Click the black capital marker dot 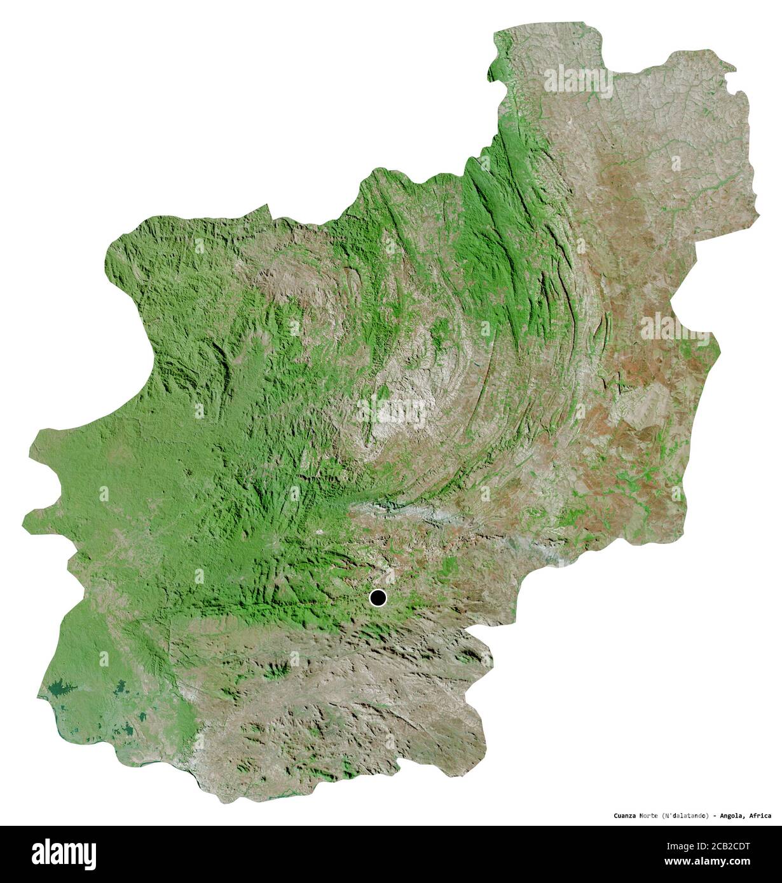pyautogui.click(x=378, y=598)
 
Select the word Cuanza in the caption pyautogui.click(x=626, y=816)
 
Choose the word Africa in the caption pyautogui.click(x=762, y=816)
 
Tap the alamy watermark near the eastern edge pyautogui.click(x=674, y=328)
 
